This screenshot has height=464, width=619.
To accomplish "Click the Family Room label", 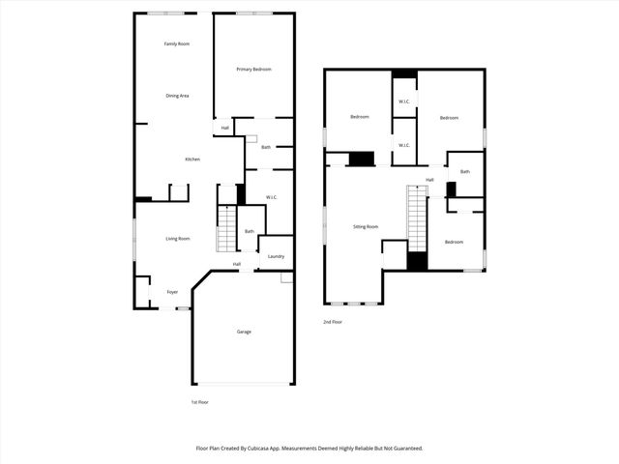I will click(x=176, y=43).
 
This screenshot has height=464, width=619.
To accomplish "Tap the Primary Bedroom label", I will click(x=254, y=70).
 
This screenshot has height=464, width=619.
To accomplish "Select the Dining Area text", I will click(x=176, y=96).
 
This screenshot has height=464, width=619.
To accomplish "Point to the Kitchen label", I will click(x=192, y=159).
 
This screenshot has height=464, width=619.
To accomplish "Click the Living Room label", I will click(x=177, y=238).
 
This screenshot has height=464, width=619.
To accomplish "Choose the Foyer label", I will click(x=172, y=292).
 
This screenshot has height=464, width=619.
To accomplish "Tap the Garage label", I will click(x=244, y=332).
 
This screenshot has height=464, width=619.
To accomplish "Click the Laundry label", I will click(x=276, y=256).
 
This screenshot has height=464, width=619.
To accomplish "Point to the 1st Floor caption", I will click(x=199, y=401).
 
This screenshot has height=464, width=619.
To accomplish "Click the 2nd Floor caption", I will click(x=334, y=322).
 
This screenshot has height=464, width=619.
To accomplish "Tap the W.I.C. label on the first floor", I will click(x=272, y=198).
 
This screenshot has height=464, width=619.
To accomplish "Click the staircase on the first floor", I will click(x=226, y=230).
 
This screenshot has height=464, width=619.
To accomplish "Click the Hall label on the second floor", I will click(x=429, y=180).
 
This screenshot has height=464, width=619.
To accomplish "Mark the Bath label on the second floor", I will click(x=465, y=172).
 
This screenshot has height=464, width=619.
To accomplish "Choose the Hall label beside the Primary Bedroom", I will click(x=225, y=128).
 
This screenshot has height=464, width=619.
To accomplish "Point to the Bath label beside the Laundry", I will click(x=249, y=231).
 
